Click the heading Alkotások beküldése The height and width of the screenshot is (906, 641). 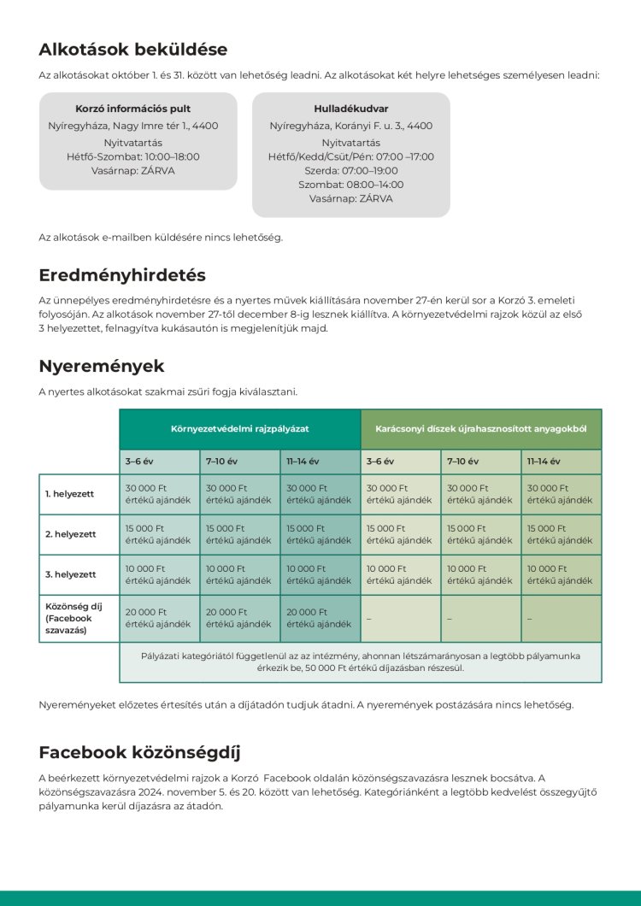132,50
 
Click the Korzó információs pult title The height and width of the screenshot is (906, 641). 133,109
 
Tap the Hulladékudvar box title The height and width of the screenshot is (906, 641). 350,109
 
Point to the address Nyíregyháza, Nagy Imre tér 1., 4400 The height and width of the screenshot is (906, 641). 133,126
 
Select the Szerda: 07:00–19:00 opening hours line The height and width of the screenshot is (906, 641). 350,170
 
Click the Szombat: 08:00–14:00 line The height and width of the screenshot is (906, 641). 350,185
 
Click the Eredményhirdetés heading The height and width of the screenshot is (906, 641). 122,275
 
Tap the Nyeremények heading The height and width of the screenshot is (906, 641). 101,367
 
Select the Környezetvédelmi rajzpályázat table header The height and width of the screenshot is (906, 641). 239,427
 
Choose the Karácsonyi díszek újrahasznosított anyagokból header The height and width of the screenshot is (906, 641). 481,427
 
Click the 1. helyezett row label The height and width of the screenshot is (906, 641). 70,494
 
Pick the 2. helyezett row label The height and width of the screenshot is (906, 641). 70,534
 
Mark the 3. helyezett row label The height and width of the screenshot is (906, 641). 70,574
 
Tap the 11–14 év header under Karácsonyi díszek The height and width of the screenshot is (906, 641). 544,462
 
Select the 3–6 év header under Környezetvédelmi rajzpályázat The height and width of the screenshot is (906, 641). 139,462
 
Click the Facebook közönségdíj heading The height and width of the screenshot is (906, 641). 139,753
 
